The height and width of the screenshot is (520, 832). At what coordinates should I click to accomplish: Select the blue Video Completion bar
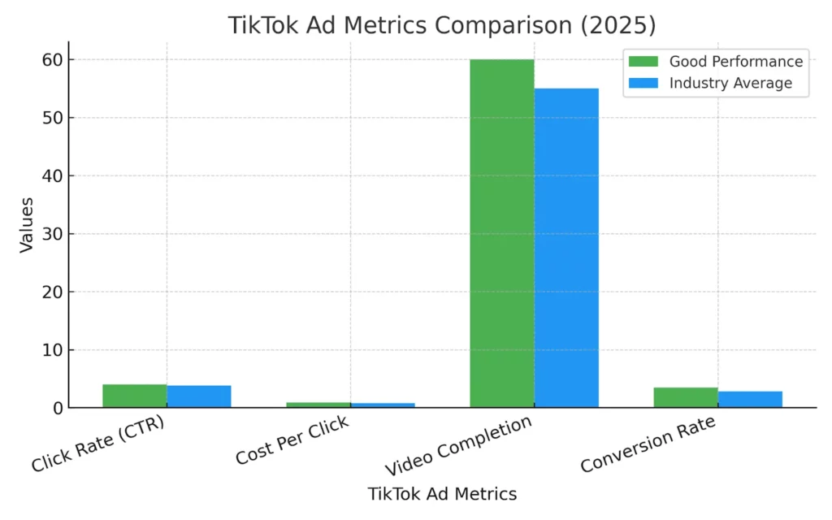tap(566, 248)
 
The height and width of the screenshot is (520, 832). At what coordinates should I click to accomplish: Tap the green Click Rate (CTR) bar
tap(135, 396)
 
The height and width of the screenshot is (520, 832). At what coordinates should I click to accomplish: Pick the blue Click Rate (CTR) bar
tap(199, 396)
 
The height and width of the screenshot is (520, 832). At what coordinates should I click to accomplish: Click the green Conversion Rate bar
tap(686, 397)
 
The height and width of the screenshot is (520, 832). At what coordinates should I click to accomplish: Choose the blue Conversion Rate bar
tap(750, 399)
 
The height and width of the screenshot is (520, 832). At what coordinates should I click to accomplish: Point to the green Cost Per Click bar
tap(318, 405)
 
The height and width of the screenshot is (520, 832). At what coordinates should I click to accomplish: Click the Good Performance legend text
tap(735, 62)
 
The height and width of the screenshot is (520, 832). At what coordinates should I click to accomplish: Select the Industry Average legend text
tap(730, 83)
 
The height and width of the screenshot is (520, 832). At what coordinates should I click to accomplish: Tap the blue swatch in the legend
tap(644, 83)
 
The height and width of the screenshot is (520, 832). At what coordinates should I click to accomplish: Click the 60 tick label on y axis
tap(54, 60)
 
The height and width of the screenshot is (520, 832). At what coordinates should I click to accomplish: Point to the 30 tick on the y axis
tap(54, 234)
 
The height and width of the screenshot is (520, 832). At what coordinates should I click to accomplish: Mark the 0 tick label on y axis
tap(58, 408)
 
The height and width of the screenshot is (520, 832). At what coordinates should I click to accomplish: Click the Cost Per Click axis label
tap(292, 441)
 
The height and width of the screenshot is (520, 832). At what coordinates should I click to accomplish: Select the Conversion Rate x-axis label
tap(648, 444)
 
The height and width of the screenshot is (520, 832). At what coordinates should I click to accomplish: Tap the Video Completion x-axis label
tap(459, 446)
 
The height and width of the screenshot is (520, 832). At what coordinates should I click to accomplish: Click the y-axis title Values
tap(28, 223)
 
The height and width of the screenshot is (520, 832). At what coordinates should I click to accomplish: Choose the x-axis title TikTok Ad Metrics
tap(442, 493)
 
